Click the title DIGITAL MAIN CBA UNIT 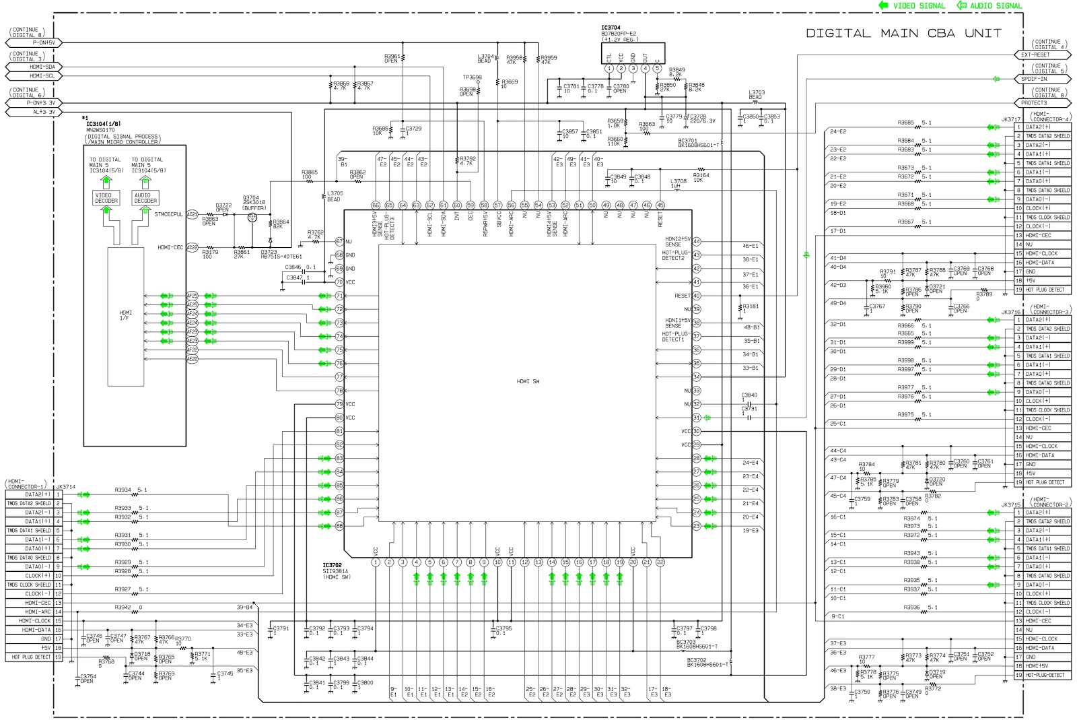point(903,33)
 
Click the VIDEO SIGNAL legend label point(919,5)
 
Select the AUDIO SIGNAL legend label point(996,5)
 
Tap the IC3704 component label point(611,28)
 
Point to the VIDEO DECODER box point(106,197)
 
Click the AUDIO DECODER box point(145,197)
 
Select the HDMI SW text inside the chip point(528,381)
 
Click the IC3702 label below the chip point(332,565)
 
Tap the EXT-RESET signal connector point(1035,55)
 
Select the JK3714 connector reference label point(65,486)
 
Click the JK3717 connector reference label point(1010,119)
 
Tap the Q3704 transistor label point(250,198)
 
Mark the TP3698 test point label point(472,77)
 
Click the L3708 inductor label point(678,181)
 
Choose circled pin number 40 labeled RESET point(696,296)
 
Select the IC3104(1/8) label point(103,124)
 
